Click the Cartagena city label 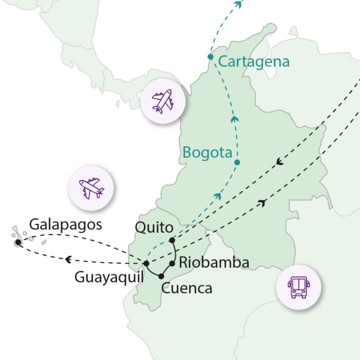(x=254, y=62)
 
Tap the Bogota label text (x=207, y=152)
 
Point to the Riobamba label (x=213, y=263)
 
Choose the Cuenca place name (x=187, y=289)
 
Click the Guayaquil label (x=109, y=277)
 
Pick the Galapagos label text (x=66, y=224)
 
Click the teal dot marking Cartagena (x=210, y=57)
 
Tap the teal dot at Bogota (x=237, y=163)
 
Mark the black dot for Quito (x=172, y=241)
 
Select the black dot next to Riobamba (x=172, y=263)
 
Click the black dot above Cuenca (x=161, y=276)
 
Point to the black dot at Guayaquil (x=146, y=263)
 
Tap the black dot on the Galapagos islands (x=19, y=242)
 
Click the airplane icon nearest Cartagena (x=163, y=101)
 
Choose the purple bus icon (x=298, y=287)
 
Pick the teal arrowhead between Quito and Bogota (x=217, y=195)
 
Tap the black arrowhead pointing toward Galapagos (x=68, y=259)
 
